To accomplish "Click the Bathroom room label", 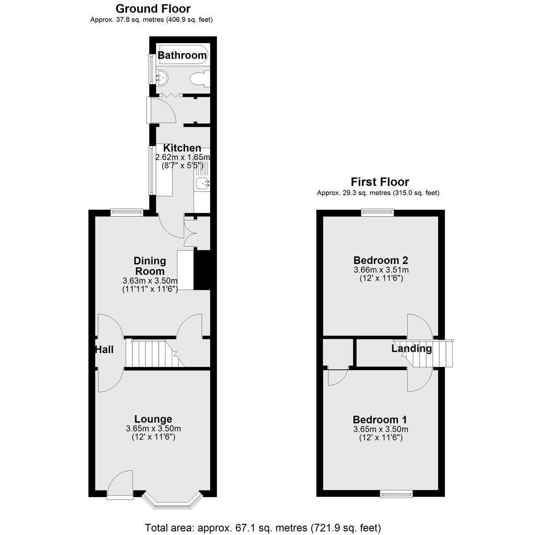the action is point(182,55).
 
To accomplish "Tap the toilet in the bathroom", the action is point(199,79).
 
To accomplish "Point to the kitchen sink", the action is point(202,183).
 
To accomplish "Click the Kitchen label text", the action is point(182,148).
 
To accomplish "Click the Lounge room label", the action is point(153,419).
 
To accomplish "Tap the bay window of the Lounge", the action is point(173,504).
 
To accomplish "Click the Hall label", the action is point(104,350).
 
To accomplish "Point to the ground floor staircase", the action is point(155,353).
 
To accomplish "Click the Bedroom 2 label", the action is point(381,260).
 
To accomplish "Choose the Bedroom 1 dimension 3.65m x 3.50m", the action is point(381,429).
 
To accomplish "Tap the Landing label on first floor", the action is point(412,348).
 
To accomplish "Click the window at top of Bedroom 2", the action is point(377,212).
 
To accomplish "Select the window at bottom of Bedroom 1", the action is point(396,494).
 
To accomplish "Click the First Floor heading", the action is point(380,182).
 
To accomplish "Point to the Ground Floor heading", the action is point(153,8).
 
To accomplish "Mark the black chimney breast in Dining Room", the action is point(202,270).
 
